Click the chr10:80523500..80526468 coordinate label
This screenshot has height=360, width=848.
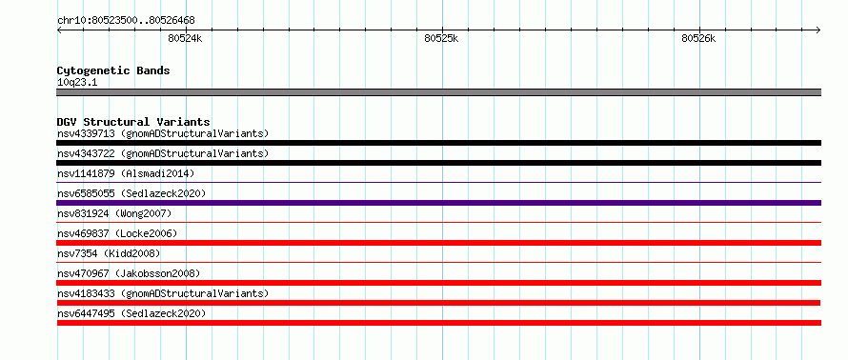tap(126, 21)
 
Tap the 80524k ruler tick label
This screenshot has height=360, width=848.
tap(185, 38)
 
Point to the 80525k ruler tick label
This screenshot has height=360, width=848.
tap(441, 38)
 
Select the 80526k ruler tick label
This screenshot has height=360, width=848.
tap(698, 38)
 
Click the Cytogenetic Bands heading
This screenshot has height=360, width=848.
tap(113, 70)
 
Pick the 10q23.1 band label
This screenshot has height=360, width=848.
tap(77, 83)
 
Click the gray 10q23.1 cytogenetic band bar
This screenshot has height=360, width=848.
tap(439, 92)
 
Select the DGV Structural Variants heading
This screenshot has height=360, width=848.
tap(133, 122)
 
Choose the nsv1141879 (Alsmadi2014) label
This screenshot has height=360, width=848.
tap(126, 173)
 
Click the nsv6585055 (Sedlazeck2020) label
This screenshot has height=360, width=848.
tap(131, 193)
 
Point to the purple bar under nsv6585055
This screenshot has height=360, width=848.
tap(439, 203)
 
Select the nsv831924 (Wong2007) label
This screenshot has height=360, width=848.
tap(114, 213)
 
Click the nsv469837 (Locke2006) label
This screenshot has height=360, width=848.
tap(117, 233)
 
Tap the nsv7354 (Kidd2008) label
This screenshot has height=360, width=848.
tap(109, 253)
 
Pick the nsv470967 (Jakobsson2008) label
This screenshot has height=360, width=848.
tap(129, 273)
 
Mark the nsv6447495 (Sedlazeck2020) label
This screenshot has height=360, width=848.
tap(131, 313)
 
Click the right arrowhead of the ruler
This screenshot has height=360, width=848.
tap(818, 30)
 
